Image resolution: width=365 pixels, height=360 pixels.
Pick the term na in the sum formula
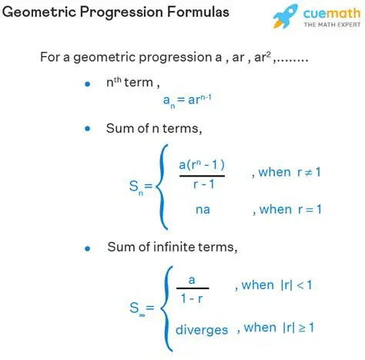tap(202, 210)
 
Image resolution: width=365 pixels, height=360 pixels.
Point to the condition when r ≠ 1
tap(286, 172)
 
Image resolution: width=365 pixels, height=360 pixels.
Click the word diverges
tap(202, 329)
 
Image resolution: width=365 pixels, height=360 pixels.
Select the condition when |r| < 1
tap(276, 285)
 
